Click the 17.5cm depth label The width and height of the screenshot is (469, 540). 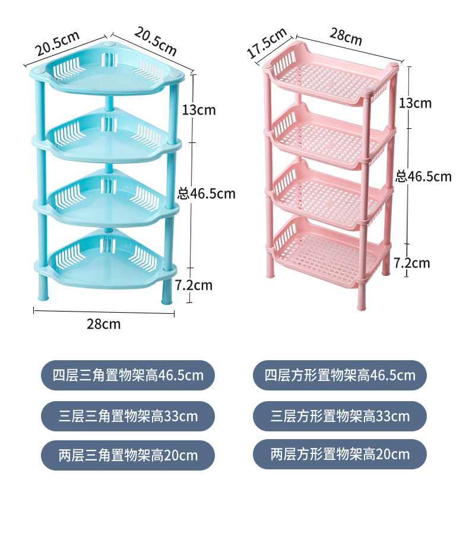coord(267,43)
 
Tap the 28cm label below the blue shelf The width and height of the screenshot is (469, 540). coord(103,323)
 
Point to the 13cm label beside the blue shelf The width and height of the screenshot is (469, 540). coord(199,109)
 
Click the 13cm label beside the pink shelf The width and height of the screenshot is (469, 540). coord(415,103)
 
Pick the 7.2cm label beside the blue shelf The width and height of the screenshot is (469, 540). coord(194,285)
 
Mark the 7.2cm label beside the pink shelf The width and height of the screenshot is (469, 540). coord(412,262)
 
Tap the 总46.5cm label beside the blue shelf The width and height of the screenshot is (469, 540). coord(207,193)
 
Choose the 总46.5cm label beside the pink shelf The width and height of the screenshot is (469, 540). coord(424,176)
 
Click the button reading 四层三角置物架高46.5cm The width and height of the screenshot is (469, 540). coord(128,375)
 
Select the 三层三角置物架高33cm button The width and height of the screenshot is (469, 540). coord(128,415)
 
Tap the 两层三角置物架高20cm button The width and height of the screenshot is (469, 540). coord(128,455)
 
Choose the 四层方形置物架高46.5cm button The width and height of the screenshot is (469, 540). coord(340,375)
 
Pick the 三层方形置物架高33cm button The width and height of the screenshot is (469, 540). coord(340,415)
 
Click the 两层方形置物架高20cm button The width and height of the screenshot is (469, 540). coord(340,455)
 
